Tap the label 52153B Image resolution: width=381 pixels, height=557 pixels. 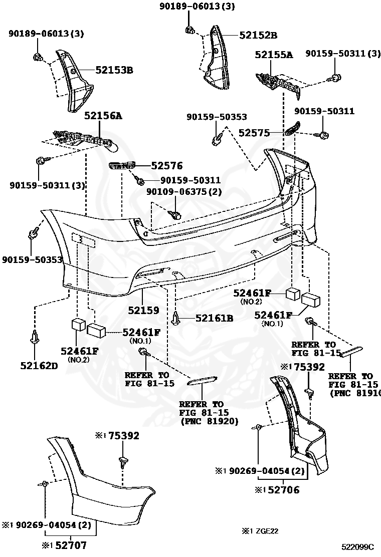click(x=114, y=70)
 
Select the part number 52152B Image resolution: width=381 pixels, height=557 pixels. click(x=258, y=35)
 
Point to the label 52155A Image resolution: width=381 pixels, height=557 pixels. click(x=274, y=55)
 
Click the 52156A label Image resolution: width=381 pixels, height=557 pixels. click(x=103, y=115)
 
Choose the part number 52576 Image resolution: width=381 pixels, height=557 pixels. click(x=166, y=165)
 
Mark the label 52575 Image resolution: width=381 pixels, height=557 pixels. click(x=254, y=133)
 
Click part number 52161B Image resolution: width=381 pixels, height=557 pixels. click(x=215, y=318)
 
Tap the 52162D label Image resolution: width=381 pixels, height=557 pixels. click(x=39, y=365)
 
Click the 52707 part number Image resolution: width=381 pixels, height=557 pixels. click(x=70, y=544)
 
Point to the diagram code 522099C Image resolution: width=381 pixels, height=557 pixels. click(x=358, y=546)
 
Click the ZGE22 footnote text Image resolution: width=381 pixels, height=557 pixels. click(x=265, y=531)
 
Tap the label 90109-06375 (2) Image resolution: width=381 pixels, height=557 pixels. click(x=184, y=191)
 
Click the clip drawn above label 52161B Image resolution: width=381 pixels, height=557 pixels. click(x=176, y=318)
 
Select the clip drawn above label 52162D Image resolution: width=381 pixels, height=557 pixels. click(x=35, y=338)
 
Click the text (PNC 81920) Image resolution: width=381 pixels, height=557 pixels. click(x=210, y=421)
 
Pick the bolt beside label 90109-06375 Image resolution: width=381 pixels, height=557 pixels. click(x=175, y=214)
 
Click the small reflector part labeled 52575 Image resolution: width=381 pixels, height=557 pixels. click(x=293, y=128)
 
